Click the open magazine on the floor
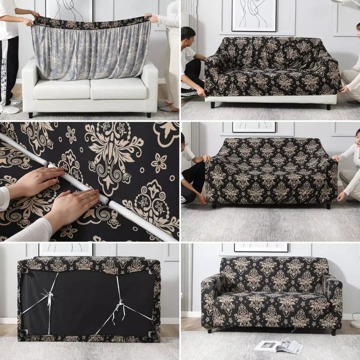tap(278, 345)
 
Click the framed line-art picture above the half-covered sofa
tap(253, 15)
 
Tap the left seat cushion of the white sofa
tap(61, 88)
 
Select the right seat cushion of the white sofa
tap(118, 88)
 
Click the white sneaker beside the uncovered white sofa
tap(9, 109)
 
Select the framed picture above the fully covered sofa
tap(261, 247)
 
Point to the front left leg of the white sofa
tap(31, 114)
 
